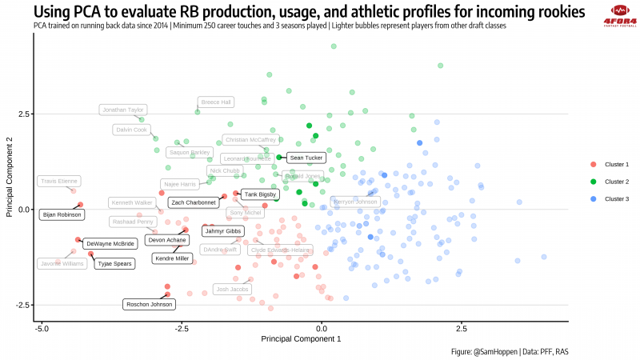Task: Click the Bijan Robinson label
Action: [x=62, y=214]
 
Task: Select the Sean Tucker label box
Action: [x=305, y=158]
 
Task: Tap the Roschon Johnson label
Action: [x=149, y=304]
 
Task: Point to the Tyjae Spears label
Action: [x=114, y=263]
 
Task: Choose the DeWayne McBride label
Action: [x=110, y=243]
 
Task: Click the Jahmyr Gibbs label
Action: [x=222, y=231]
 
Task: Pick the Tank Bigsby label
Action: [x=260, y=194]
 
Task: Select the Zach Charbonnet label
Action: [x=194, y=203]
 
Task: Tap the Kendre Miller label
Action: [x=171, y=258]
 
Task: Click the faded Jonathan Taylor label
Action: [x=123, y=110]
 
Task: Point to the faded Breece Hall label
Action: [x=216, y=102]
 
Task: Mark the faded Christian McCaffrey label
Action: [x=250, y=140]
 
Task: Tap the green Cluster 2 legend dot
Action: [x=593, y=182]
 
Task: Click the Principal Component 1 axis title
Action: [x=301, y=339]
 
